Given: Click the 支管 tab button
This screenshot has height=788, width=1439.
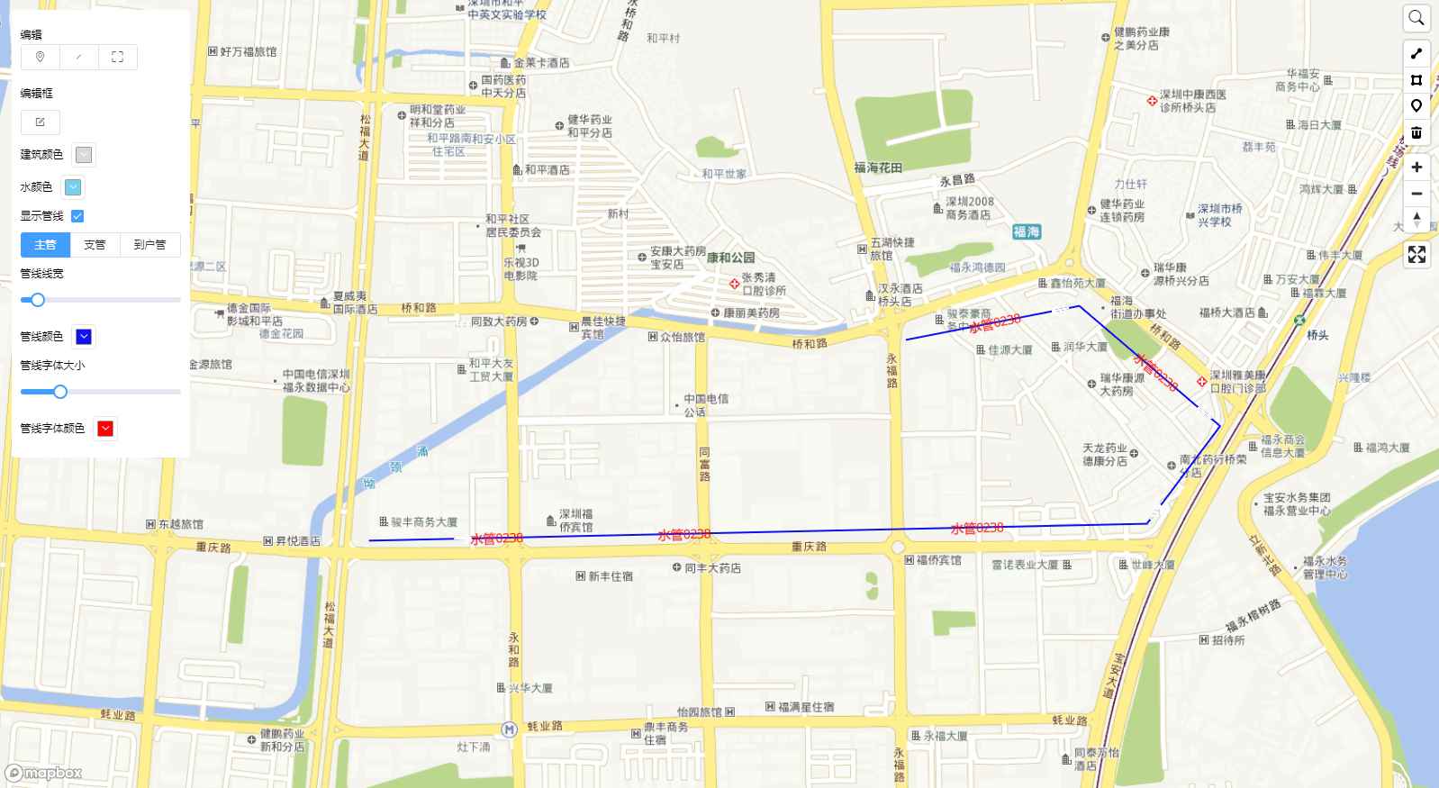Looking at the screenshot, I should click(x=95, y=245).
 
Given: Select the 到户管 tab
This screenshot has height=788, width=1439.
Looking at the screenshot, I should click(x=149, y=245).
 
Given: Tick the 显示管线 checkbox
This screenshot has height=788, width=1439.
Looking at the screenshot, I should click(x=77, y=216).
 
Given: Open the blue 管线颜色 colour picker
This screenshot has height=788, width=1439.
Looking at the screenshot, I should click(x=84, y=337).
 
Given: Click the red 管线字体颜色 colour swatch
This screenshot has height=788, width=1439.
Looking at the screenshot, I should click(x=105, y=429).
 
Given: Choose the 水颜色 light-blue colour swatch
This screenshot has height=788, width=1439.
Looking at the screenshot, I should click(x=73, y=187).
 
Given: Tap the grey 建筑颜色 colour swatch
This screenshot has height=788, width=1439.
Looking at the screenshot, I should click(x=84, y=155).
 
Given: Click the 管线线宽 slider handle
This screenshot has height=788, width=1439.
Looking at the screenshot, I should click(x=38, y=300).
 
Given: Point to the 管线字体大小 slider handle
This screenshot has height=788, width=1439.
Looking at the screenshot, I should click(x=60, y=392).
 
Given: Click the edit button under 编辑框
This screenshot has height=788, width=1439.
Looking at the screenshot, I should click(x=40, y=122).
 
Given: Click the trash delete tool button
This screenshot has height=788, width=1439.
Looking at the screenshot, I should click(x=1416, y=132).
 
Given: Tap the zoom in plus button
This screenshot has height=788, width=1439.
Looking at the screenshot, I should click(x=1416, y=168).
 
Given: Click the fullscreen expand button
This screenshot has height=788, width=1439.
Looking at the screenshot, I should click(x=1416, y=255).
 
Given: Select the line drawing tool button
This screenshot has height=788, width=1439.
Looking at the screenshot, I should click(x=1416, y=53).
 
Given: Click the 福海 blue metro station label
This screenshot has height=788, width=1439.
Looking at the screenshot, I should click(x=1026, y=231).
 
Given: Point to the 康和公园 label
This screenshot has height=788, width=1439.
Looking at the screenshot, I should click(x=730, y=258).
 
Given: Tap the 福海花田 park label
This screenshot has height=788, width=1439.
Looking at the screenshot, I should click(x=878, y=168).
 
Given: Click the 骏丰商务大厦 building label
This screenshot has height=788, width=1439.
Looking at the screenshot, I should click(x=423, y=522).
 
